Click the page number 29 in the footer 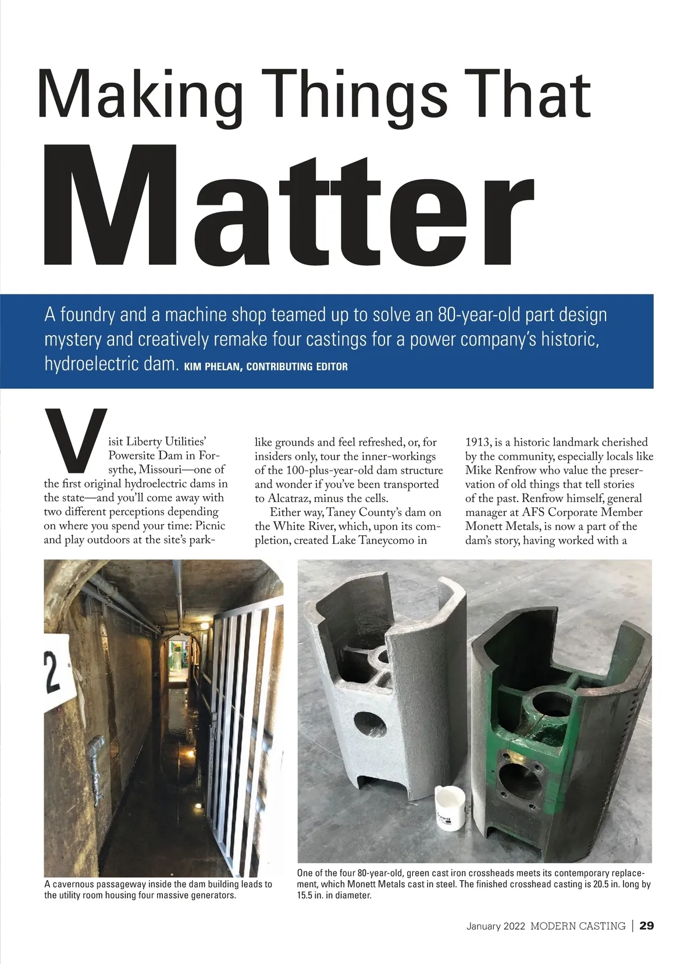(646, 926)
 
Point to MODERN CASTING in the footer (578, 926)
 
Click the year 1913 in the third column (478, 442)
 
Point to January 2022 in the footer (496, 926)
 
